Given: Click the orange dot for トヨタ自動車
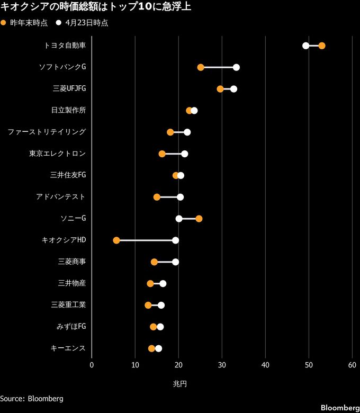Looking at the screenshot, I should point(321,46).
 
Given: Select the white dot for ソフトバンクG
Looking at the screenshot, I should point(236,67).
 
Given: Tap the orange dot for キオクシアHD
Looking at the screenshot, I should point(116,240).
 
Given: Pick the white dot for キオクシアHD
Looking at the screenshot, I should point(175,240).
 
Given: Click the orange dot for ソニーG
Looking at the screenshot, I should point(199,219).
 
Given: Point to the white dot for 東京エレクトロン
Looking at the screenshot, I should point(184,154).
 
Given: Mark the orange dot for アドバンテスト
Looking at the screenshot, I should point(157,197).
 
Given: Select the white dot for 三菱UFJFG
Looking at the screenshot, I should point(233,89).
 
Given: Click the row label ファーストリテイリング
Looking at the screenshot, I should point(47,132).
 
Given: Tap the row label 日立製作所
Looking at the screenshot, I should point(68,110).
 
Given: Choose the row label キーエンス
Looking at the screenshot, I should point(68,348).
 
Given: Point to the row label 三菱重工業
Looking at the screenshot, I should point(68,305).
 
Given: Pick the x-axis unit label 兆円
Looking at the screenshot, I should point(179,383).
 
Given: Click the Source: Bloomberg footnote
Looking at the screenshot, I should point(32,398).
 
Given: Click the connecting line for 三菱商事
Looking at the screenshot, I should point(165,262).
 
